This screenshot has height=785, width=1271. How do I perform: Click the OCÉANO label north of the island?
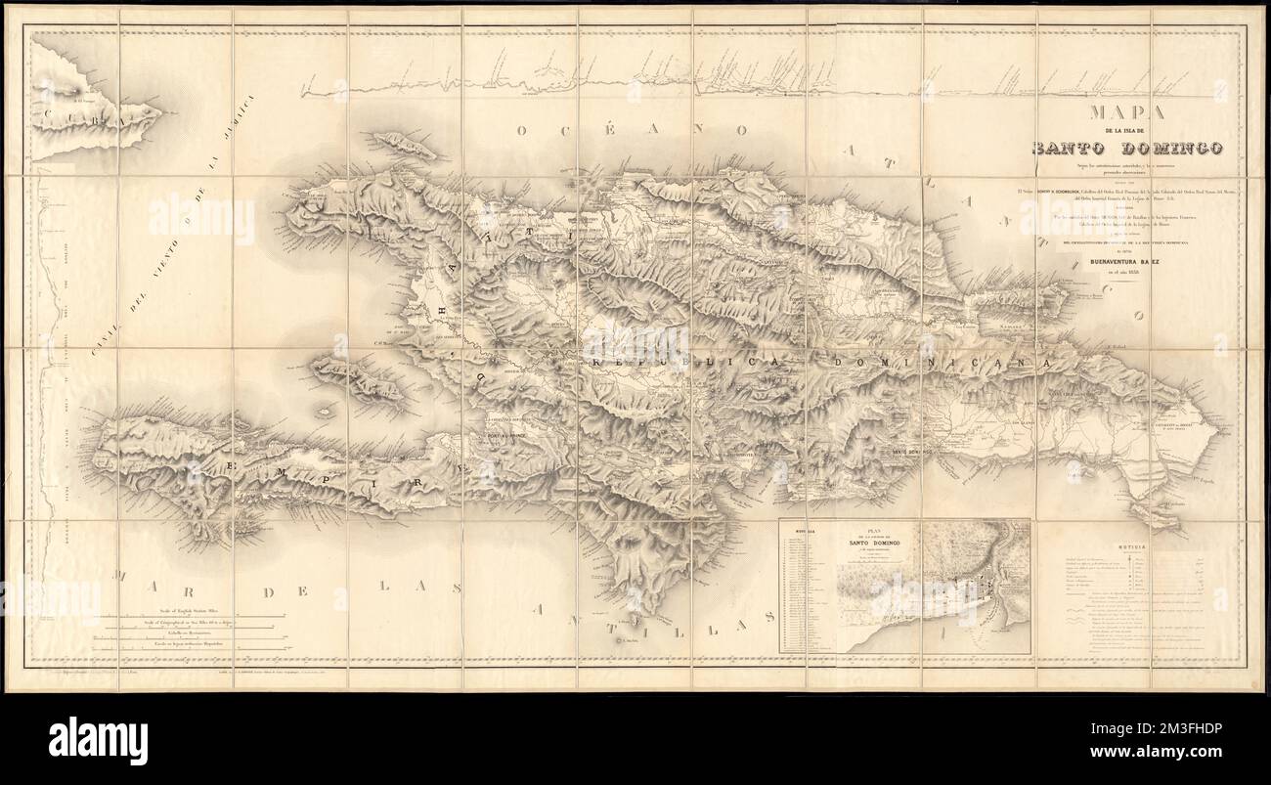(x=635, y=131)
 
